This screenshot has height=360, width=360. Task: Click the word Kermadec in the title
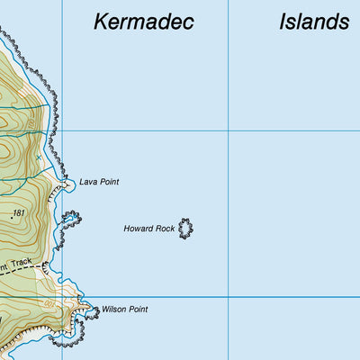[144, 22]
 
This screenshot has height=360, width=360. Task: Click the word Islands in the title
[313, 22]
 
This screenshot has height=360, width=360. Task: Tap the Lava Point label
[99, 182]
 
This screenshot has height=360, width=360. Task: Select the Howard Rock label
[149, 229]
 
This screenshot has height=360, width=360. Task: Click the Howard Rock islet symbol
[185, 228]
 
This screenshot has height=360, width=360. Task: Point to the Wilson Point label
[124, 310]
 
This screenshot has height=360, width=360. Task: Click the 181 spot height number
[21, 213]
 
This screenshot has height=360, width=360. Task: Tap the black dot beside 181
[12, 217]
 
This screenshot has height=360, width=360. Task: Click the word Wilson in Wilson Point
[113, 310]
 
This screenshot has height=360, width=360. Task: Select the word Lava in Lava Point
[88, 182]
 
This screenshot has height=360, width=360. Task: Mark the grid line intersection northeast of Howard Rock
[228, 130]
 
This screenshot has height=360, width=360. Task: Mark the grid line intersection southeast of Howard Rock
[228, 296]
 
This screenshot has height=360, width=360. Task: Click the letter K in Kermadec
[101, 22]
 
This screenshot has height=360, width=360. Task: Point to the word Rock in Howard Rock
[165, 229]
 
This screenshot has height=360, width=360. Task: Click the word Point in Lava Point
[109, 182]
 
